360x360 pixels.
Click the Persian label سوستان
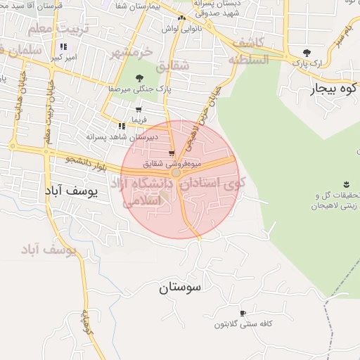pyautogui.click(x=180, y=288)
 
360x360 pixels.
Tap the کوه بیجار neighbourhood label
pyautogui.click(x=333, y=90)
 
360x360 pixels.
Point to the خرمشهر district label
pyautogui.click(x=131, y=53)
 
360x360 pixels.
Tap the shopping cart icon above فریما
pyautogui.click(x=138, y=110)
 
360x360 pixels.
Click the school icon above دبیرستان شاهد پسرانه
pyautogui.click(x=122, y=126)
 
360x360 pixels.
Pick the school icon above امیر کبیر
pyautogui.click(x=63, y=46)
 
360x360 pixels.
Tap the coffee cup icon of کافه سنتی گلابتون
pyautogui.click(x=243, y=314)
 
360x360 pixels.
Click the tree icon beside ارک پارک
pyautogui.click(x=306, y=53)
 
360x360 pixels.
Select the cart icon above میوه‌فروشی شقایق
pyautogui.click(x=172, y=153)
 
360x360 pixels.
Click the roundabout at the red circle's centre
pyautogui.click(x=176, y=172)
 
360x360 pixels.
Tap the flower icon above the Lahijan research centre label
pyautogui.click(x=345, y=185)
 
